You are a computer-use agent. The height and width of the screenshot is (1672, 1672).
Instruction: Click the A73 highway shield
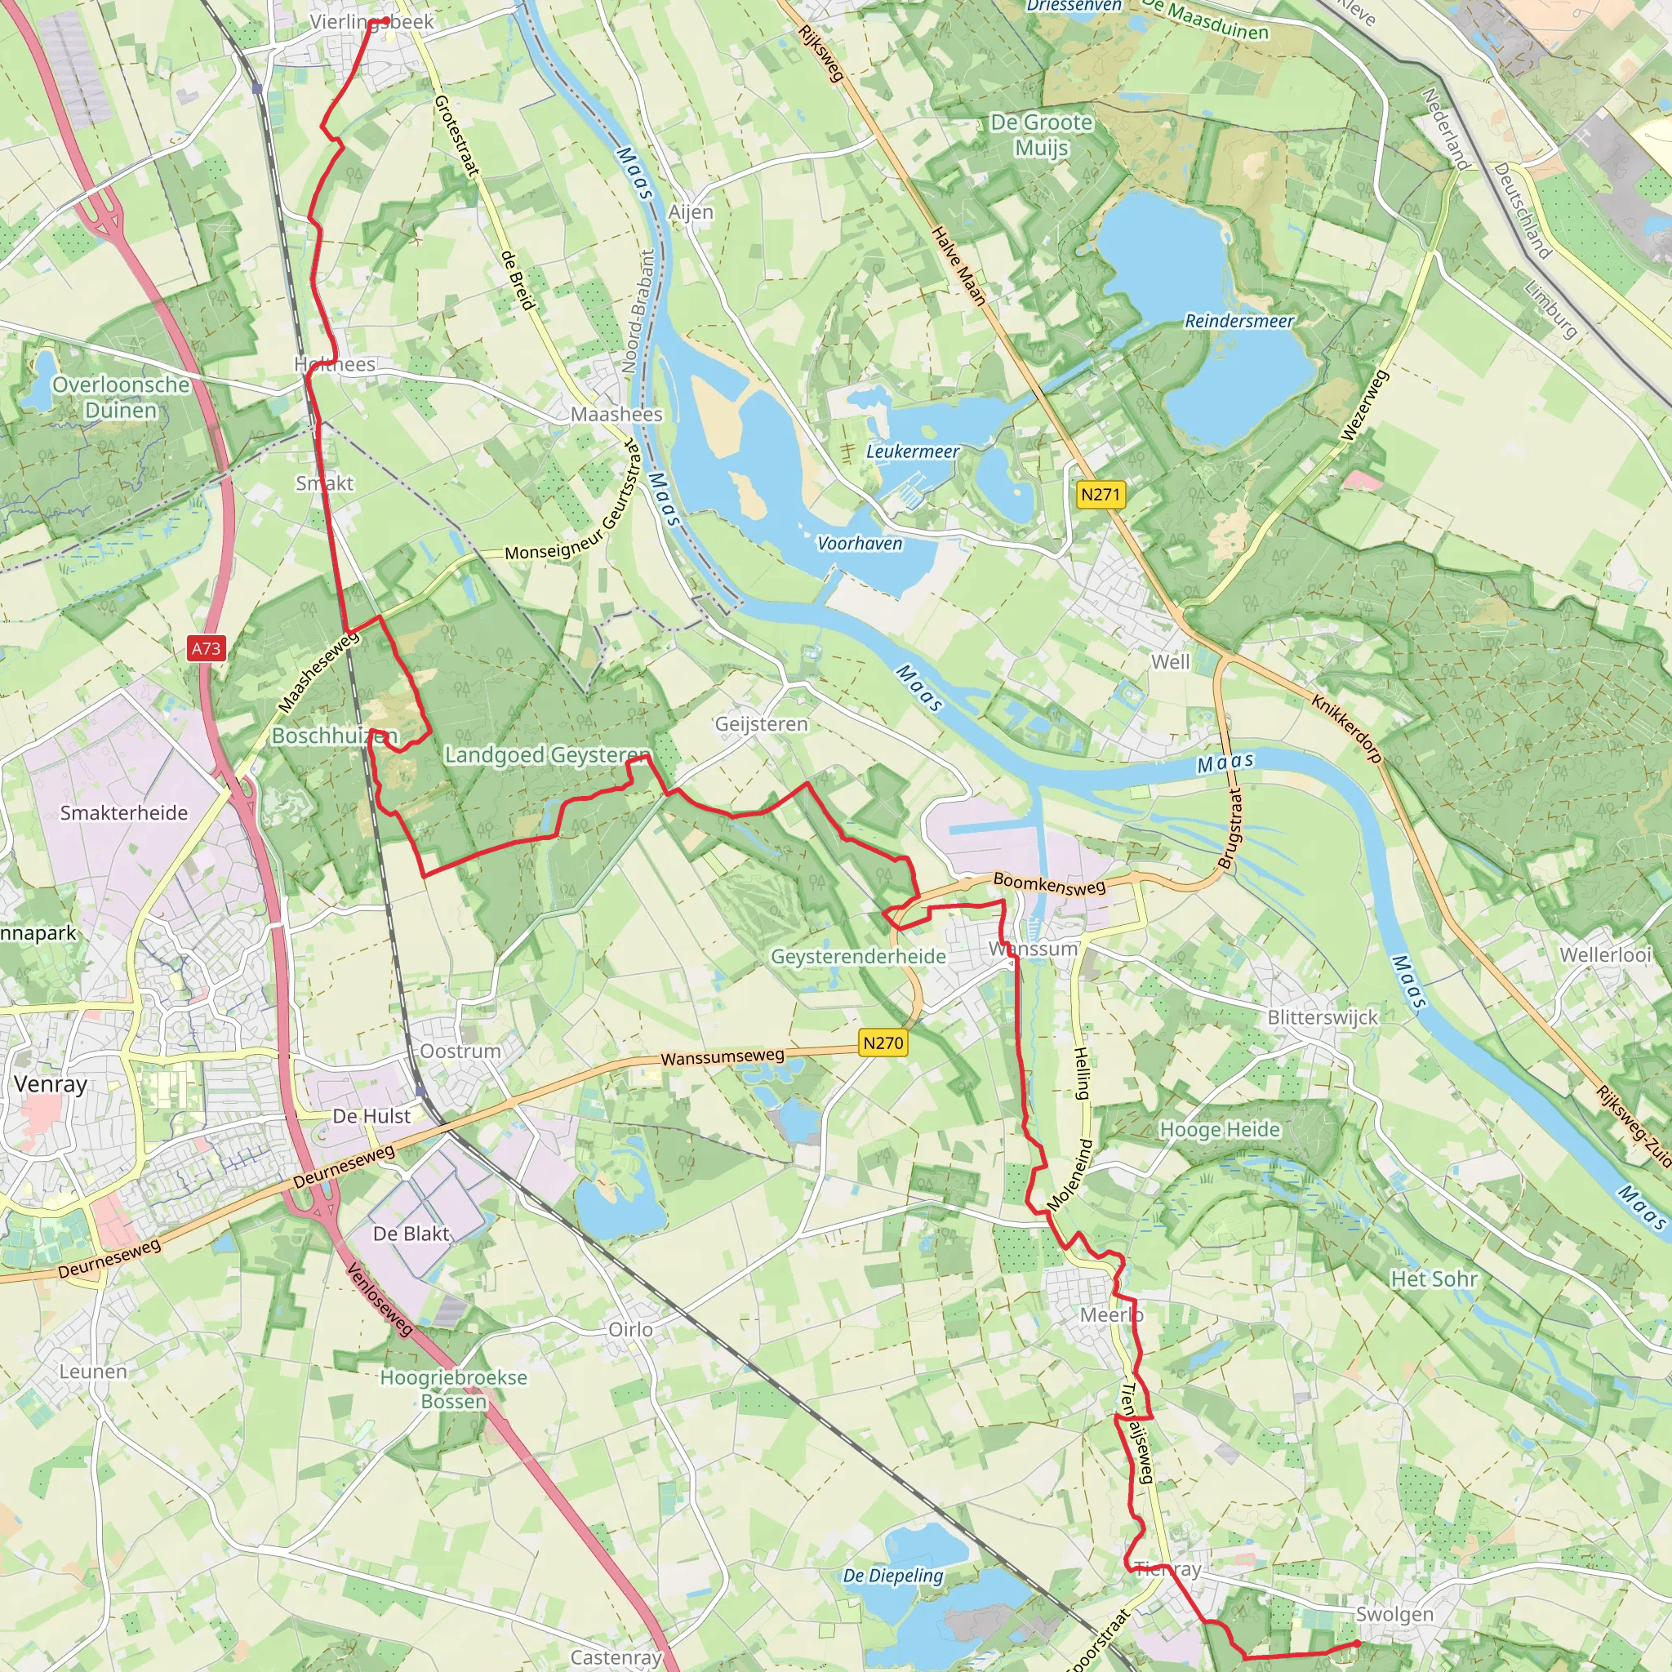pyautogui.click(x=206, y=648)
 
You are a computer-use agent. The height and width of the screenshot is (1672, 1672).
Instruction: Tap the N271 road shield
pyautogui.click(x=1100, y=494)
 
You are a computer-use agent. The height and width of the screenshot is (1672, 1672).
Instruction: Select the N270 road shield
pyautogui.click(x=883, y=1043)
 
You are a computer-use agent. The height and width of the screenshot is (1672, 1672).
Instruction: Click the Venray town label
pyautogui.click(x=50, y=1084)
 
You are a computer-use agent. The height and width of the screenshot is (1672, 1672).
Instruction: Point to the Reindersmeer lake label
pyautogui.click(x=1238, y=321)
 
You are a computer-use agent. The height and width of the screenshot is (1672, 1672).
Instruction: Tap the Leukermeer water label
pyautogui.click(x=912, y=451)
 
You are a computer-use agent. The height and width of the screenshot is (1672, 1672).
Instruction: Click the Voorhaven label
pyautogui.click(x=860, y=544)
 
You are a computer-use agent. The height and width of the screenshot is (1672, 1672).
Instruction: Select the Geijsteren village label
pyautogui.click(x=761, y=723)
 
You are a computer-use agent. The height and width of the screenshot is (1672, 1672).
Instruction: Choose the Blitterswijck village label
pyautogui.click(x=1322, y=1018)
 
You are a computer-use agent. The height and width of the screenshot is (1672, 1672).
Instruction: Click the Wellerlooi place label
pyautogui.click(x=1605, y=954)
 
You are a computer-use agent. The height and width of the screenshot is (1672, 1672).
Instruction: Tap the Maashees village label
pyautogui.click(x=616, y=415)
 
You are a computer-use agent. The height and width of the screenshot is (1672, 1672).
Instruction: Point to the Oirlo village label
pyautogui.click(x=630, y=1329)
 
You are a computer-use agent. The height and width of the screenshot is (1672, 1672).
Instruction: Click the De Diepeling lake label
pyautogui.click(x=892, y=1575)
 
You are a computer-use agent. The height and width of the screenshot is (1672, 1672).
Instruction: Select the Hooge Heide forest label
pyautogui.click(x=1219, y=1129)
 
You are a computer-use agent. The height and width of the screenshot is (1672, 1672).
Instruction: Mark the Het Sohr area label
pyautogui.click(x=1434, y=1278)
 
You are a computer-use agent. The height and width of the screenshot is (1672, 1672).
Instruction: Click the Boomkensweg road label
pyautogui.click(x=1049, y=883)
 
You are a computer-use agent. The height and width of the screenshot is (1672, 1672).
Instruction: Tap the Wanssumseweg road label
pyautogui.click(x=723, y=1056)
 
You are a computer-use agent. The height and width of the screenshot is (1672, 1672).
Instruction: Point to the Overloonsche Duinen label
pyautogui.click(x=121, y=398)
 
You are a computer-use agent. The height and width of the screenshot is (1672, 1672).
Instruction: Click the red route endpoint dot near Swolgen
pyautogui.click(x=1357, y=1643)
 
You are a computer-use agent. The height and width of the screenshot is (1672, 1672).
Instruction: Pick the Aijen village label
pyautogui.click(x=691, y=212)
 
